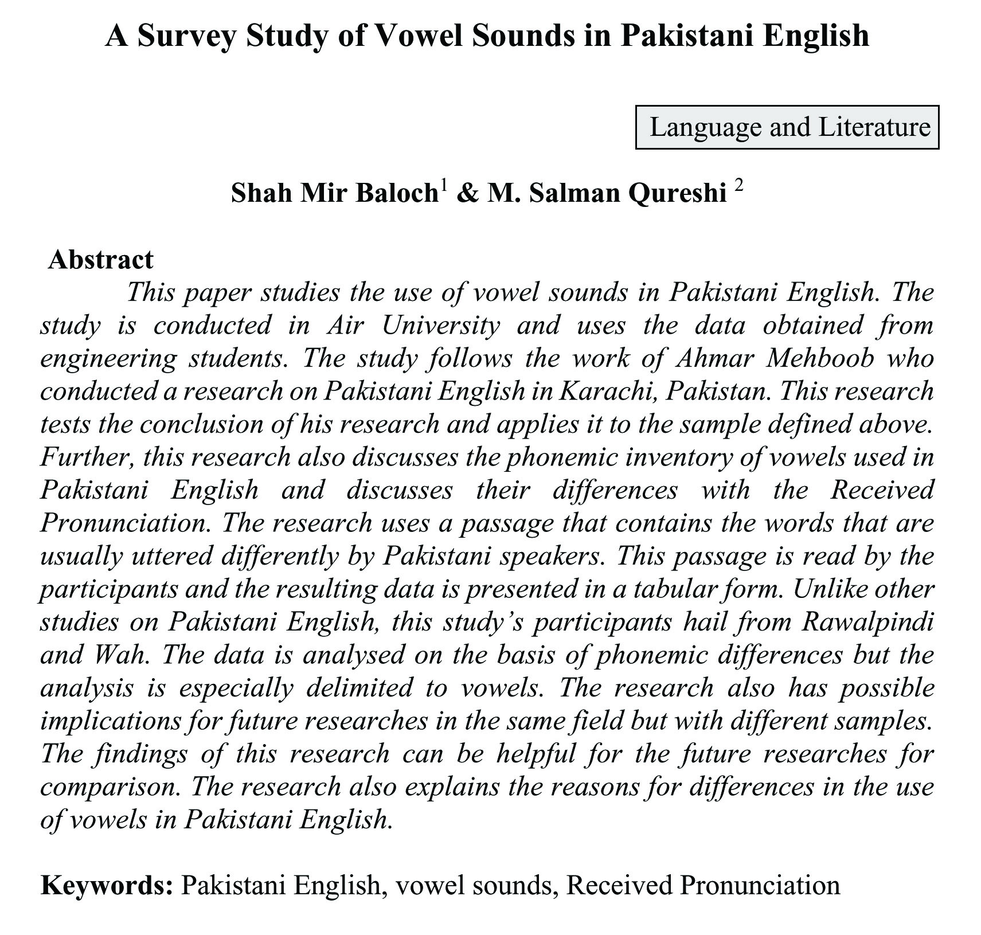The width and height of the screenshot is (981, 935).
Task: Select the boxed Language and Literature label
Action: click(x=787, y=127)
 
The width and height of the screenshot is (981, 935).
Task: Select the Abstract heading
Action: click(x=101, y=260)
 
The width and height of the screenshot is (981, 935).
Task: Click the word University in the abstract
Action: click(x=441, y=325)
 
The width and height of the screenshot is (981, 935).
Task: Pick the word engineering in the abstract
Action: click(x=108, y=359)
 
